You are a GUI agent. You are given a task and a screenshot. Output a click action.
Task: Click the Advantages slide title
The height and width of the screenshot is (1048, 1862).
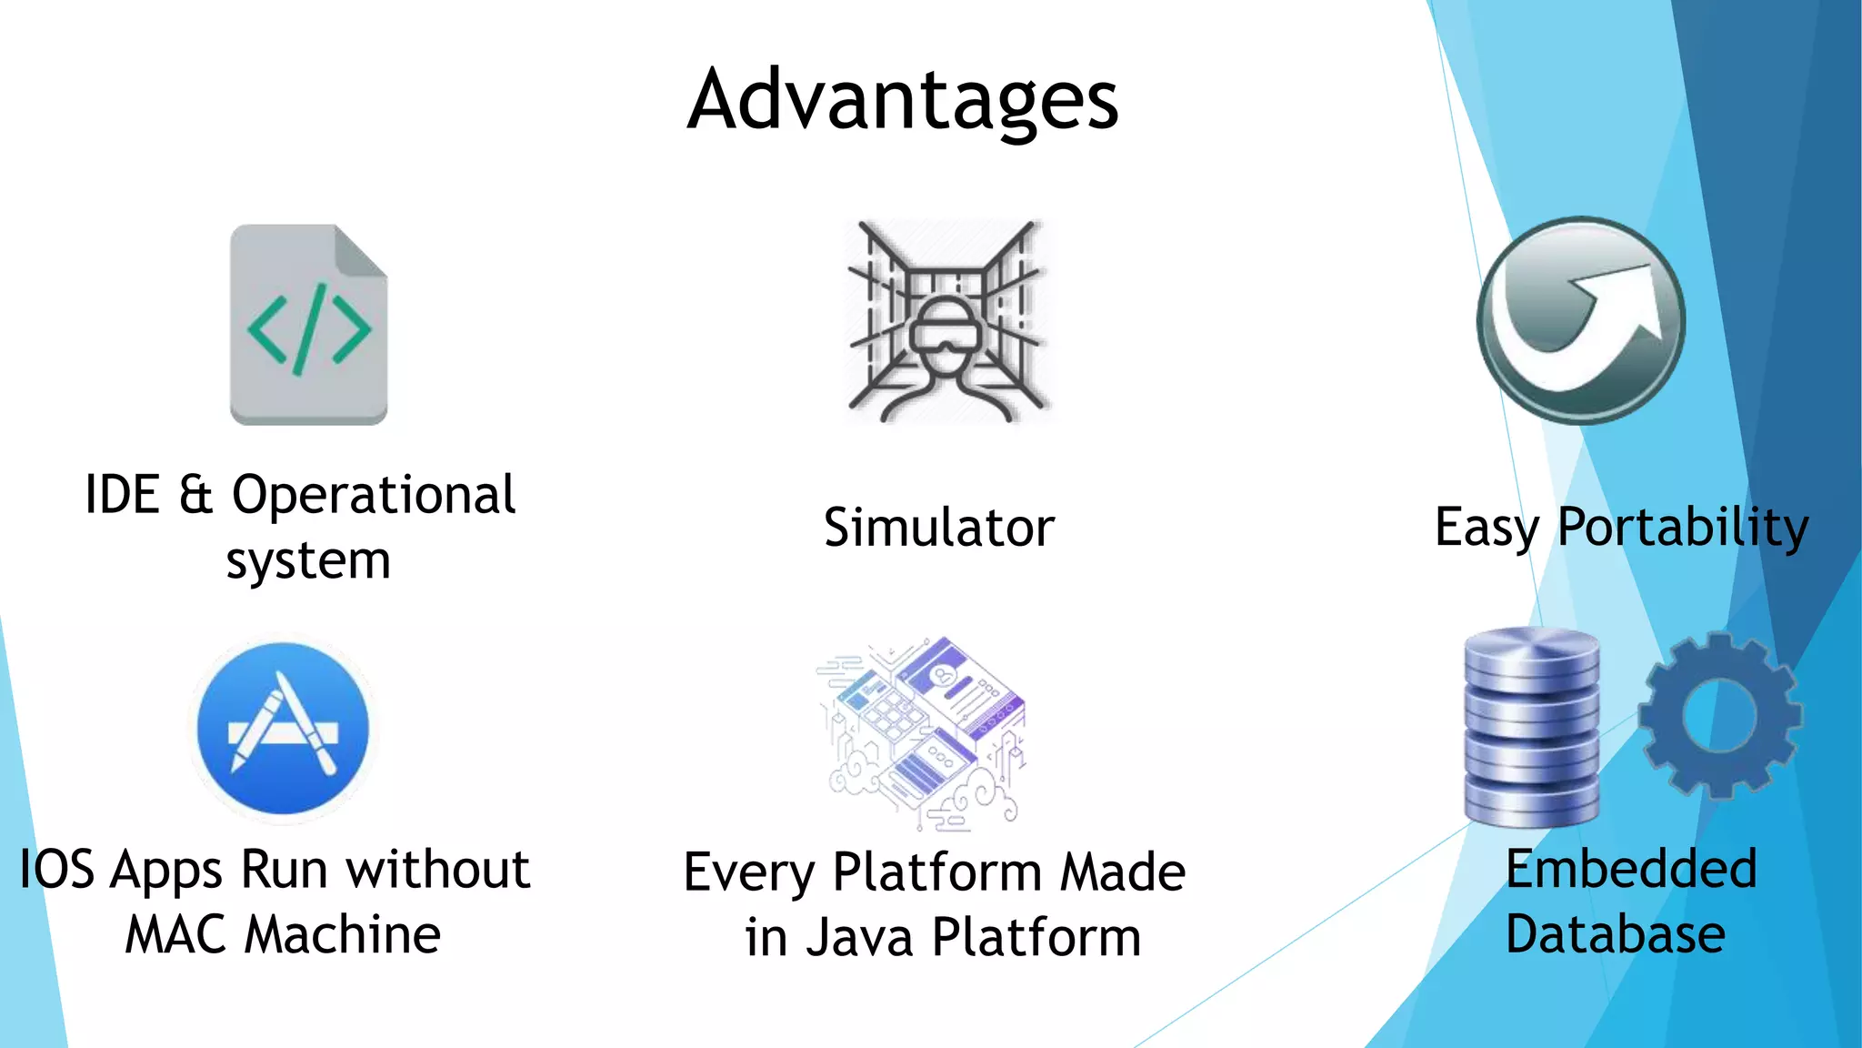(x=902, y=100)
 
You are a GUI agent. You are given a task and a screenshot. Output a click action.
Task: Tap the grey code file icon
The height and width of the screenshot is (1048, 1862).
(x=308, y=325)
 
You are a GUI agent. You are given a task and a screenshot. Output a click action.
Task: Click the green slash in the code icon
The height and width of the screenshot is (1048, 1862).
(x=308, y=329)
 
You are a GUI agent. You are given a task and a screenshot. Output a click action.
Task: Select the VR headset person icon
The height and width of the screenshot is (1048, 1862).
(x=946, y=323)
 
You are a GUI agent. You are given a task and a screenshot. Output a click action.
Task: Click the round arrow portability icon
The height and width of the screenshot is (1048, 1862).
(x=1581, y=320)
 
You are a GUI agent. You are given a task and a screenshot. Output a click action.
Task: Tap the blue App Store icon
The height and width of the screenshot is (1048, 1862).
(x=283, y=728)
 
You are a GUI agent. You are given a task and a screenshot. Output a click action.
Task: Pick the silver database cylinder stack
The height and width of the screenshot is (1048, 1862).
(x=1531, y=728)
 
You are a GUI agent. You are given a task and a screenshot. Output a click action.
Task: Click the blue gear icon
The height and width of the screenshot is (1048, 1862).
(x=1719, y=715)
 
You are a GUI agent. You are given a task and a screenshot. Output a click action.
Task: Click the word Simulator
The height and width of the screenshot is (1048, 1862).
(x=938, y=528)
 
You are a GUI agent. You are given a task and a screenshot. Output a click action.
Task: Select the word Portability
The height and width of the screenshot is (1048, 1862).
(x=1683, y=528)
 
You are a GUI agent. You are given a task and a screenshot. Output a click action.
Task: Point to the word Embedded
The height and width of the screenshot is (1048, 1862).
(x=1631, y=869)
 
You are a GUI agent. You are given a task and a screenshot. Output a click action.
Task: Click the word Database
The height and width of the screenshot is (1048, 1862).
(x=1615, y=934)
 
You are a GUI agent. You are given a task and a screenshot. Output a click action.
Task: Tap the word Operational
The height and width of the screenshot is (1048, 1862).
(x=374, y=496)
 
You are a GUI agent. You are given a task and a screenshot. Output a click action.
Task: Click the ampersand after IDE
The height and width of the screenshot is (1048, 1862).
(x=195, y=496)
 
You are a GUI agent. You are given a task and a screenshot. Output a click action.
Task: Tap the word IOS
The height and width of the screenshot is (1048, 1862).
(x=56, y=870)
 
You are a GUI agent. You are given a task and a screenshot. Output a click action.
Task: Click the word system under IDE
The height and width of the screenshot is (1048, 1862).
(x=308, y=561)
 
